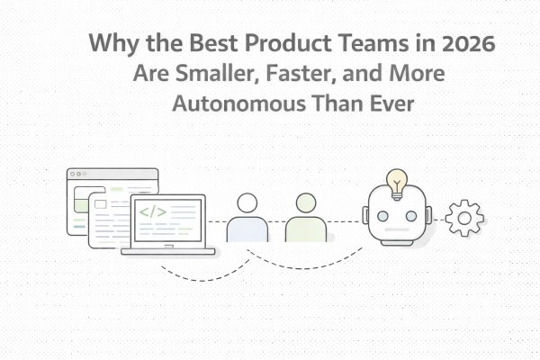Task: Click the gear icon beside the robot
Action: [464, 219]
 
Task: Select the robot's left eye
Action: [382, 216]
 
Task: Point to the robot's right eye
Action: [410, 216]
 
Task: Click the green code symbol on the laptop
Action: [152, 213]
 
